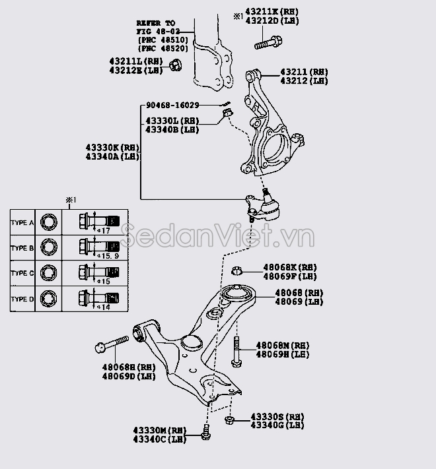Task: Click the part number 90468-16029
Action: point(172,106)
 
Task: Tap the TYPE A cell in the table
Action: point(22,223)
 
